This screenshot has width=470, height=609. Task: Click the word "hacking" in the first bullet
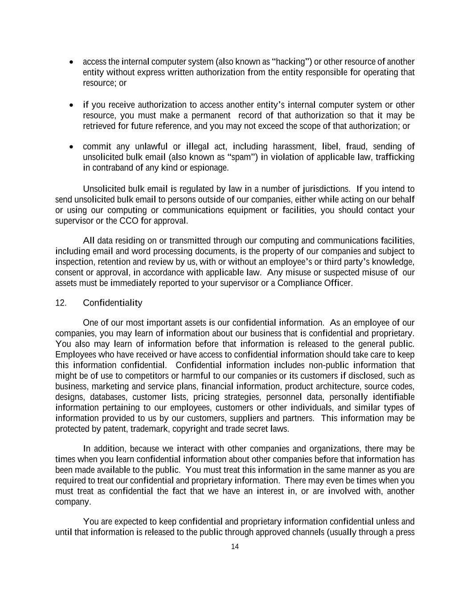(x=291, y=62)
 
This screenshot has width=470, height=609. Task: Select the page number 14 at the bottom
(x=235, y=547)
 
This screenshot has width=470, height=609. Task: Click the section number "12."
(x=61, y=303)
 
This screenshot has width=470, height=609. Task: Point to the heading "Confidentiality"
(x=113, y=303)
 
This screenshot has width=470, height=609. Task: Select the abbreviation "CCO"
(x=129, y=221)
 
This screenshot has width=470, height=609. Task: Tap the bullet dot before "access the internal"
(x=71, y=62)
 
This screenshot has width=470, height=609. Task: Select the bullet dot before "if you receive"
(x=71, y=105)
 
